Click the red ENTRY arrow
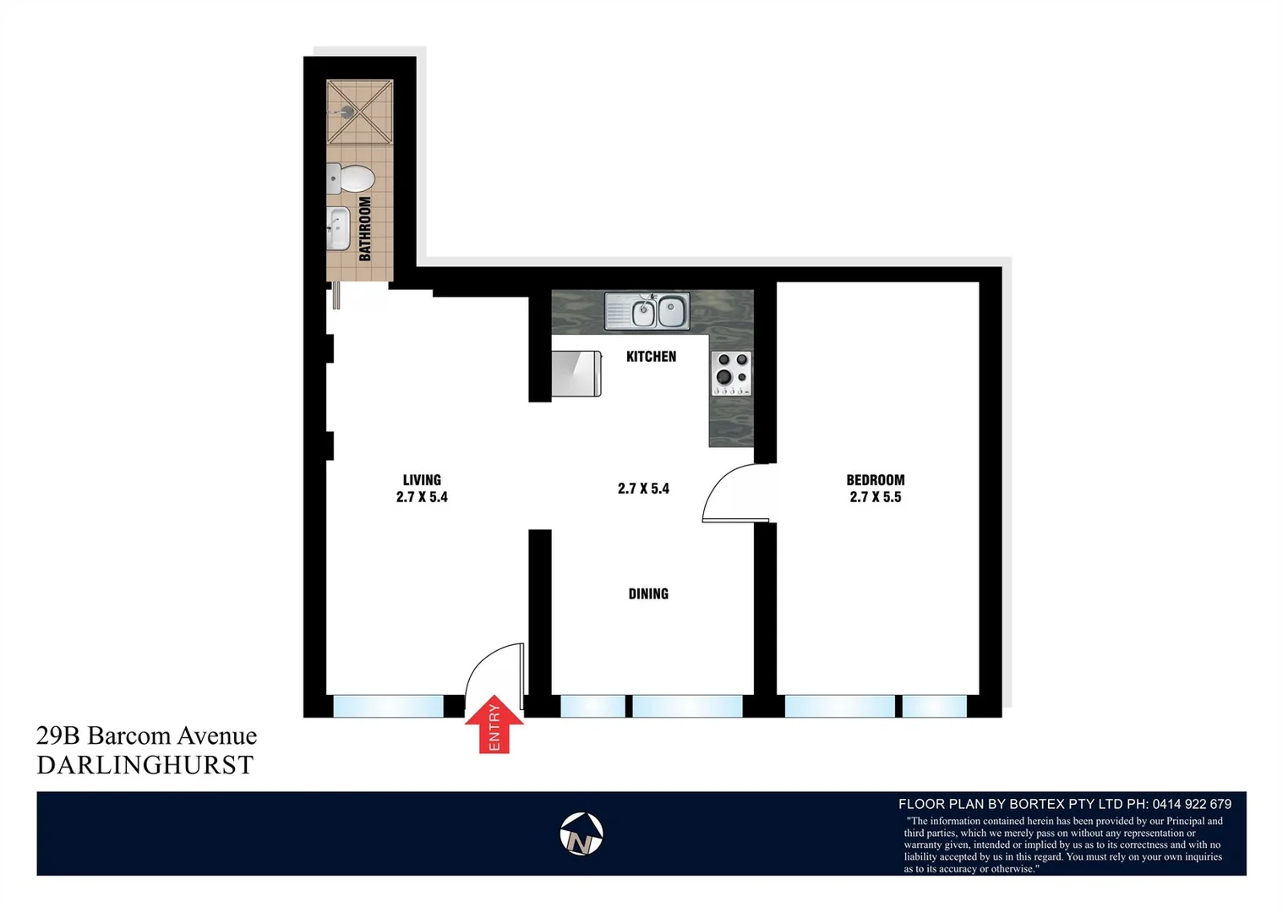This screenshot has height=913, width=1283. click(x=494, y=724)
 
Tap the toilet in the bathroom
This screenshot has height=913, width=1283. click(x=352, y=178)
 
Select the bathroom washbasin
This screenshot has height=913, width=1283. click(x=338, y=228)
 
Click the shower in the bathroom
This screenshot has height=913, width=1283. click(x=360, y=112)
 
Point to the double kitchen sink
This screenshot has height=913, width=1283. click(x=647, y=311)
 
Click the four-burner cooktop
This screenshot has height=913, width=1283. click(x=731, y=373)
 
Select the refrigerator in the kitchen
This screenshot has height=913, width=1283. click(x=576, y=374)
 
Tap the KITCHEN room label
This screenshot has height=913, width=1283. click(x=651, y=357)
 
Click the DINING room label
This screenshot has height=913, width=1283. click(x=648, y=594)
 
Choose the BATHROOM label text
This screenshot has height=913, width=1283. click(x=365, y=228)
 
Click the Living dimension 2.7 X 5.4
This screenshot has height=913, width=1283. click(x=422, y=497)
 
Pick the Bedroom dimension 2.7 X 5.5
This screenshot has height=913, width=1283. click(x=876, y=497)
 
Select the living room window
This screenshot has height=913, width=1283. click(x=388, y=706)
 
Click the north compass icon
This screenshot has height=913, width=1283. click(x=581, y=834)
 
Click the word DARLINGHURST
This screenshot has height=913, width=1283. click(x=145, y=765)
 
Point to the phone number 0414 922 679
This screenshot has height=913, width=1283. click(x=1192, y=804)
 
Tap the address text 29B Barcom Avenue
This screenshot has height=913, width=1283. click(x=146, y=735)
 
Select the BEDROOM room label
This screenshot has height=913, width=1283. click(x=876, y=479)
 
